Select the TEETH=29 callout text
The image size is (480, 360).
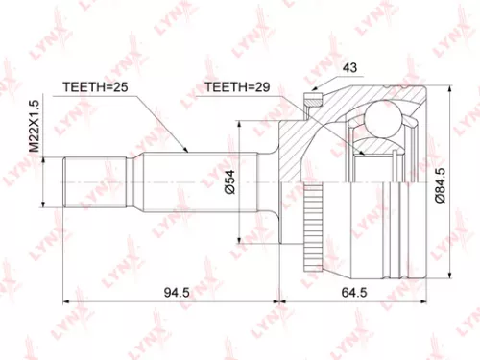coord(237,88)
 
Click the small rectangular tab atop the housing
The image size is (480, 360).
coord(312,95)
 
